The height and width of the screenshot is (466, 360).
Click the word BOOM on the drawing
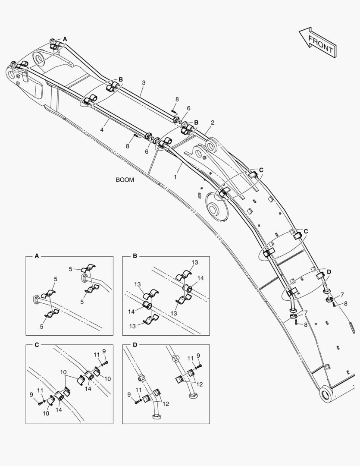pyautogui.click(x=125, y=180)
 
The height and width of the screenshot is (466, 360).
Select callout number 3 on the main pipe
pyautogui.click(x=144, y=82)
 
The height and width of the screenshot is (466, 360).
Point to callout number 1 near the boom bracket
pyautogui.click(x=175, y=176)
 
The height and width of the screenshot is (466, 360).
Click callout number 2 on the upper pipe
pyautogui.click(x=213, y=123)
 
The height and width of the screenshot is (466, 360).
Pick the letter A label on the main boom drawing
pyautogui.click(x=65, y=39)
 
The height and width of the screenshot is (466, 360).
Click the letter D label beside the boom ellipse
pyautogui.click(x=329, y=272)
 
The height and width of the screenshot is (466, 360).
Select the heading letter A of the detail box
pyautogui.click(x=37, y=256)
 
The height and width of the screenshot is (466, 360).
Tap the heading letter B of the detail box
pyautogui.click(x=135, y=256)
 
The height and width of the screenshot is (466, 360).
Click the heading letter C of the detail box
pyautogui.click(x=37, y=344)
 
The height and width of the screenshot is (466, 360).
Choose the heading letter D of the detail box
pyautogui.click(x=135, y=344)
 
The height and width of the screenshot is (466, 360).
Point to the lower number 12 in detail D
pyautogui.click(x=166, y=404)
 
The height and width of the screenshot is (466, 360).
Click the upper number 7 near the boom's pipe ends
pyautogui.click(x=342, y=295)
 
